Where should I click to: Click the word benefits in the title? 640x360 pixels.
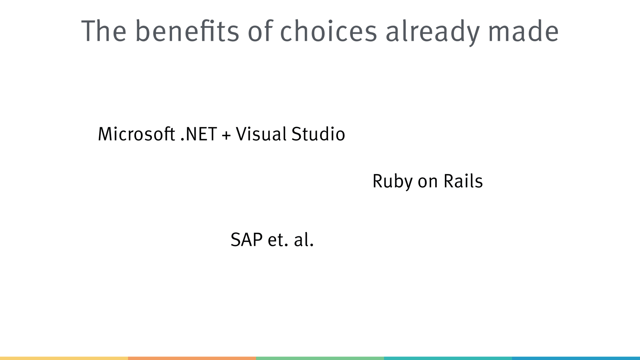point(187,30)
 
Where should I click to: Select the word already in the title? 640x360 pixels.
point(432,32)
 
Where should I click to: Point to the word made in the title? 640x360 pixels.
point(524,30)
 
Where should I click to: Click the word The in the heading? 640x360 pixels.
point(104,30)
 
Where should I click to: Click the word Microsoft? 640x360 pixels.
point(136,134)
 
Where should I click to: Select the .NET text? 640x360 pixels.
point(199,134)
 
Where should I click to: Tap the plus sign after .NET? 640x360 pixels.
point(226,135)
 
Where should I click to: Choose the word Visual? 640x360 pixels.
point(261,134)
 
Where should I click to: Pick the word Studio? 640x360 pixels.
point(318,134)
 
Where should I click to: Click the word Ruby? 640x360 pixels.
point(392,182)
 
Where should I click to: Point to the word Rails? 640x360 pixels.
point(463,180)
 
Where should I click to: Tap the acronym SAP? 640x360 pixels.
point(246,240)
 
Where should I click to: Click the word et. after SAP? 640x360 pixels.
point(278,240)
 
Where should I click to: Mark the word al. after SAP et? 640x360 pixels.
point(304,239)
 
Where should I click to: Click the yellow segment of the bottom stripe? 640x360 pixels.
point(64,358)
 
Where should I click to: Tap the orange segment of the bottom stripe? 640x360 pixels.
point(192,358)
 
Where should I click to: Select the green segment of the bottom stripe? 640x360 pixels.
point(320,358)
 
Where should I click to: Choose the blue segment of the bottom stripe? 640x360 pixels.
point(576,358)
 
